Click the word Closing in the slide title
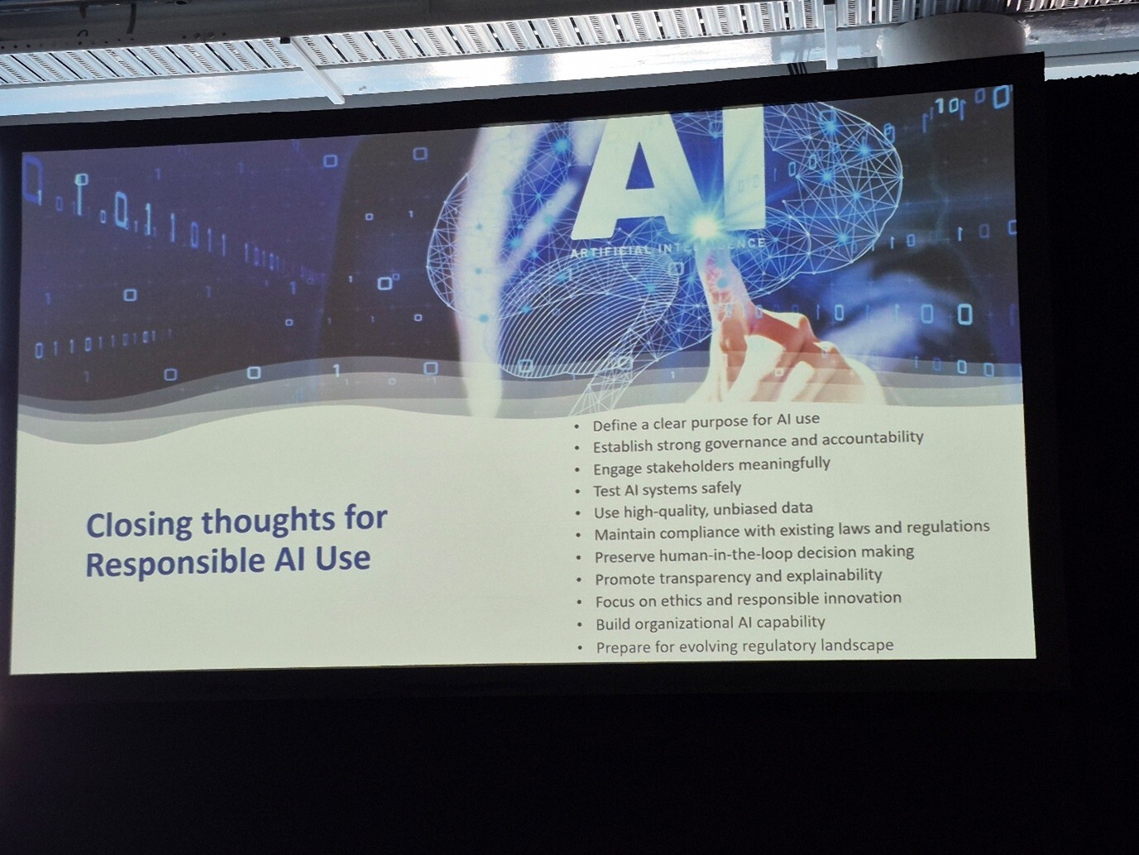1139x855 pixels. (138, 525)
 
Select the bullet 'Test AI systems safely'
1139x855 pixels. (667, 490)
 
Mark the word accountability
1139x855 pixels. (873, 438)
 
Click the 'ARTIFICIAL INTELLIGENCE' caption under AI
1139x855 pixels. (668, 248)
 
